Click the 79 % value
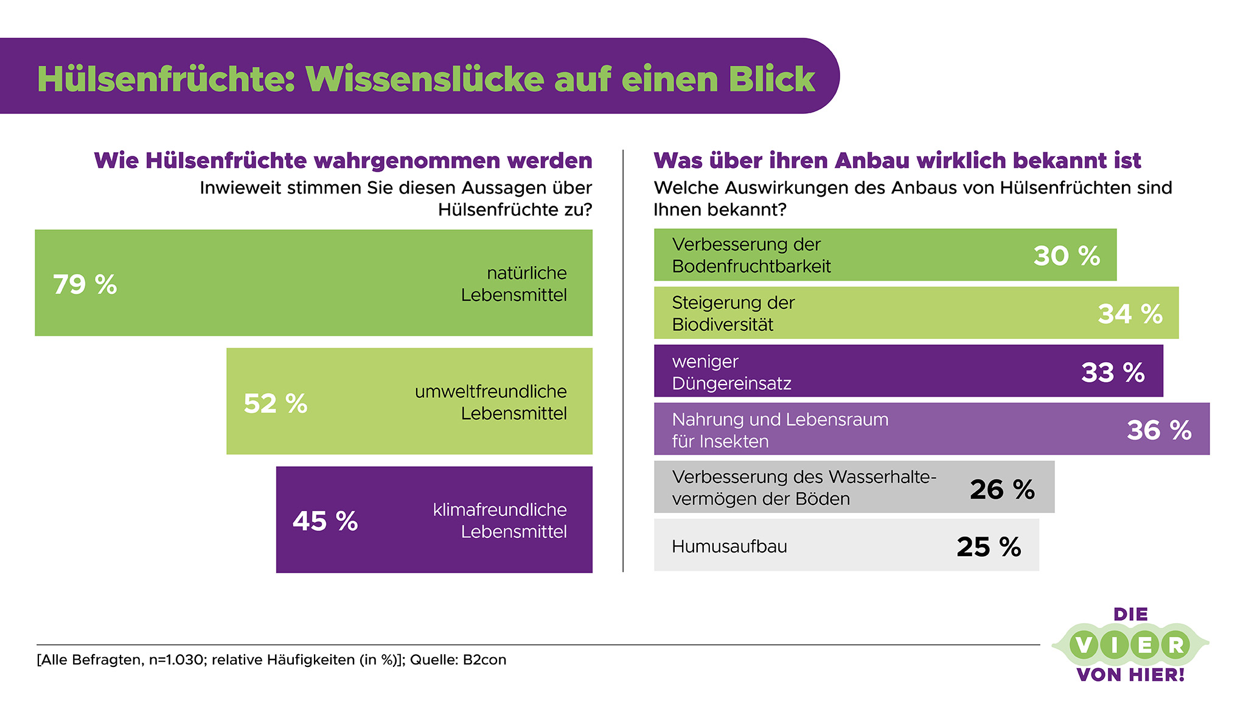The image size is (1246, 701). click(x=85, y=284)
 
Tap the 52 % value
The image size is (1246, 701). click(x=275, y=403)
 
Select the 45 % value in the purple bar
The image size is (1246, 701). click(x=325, y=521)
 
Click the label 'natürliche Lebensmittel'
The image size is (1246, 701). click(x=514, y=284)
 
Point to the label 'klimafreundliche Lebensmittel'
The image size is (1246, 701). click(x=500, y=520)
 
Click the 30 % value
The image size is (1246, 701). click(x=1067, y=256)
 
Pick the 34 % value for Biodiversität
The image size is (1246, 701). click(x=1130, y=314)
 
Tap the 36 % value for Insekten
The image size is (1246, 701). click(x=1159, y=430)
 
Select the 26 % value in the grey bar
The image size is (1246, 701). click(x=1002, y=489)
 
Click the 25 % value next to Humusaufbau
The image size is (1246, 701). click(x=989, y=546)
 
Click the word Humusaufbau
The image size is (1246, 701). click(x=729, y=546)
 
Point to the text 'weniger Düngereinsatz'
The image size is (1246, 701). click(x=731, y=372)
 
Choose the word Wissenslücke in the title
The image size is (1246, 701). click(x=425, y=79)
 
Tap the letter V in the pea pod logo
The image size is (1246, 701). click(x=1084, y=645)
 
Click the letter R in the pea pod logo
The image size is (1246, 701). click(x=1175, y=645)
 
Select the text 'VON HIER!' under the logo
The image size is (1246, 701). click(x=1130, y=674)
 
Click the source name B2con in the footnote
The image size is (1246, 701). click(x=484, y=660)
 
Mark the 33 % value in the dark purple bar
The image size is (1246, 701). click(x=1113, y=372)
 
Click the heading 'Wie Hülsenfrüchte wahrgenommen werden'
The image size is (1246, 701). click(x=343, y=161)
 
